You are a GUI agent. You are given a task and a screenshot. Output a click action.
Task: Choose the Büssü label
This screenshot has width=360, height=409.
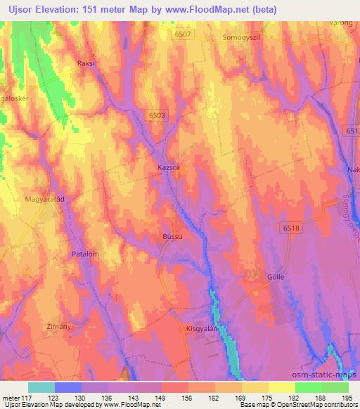click(172, 238)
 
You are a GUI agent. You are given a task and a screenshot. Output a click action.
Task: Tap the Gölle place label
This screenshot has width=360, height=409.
click(276, 278)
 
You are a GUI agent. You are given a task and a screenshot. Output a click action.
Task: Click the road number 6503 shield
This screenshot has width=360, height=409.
click(158, 115)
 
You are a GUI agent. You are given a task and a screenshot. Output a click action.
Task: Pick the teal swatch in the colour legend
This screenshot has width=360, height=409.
click(41, 387)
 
